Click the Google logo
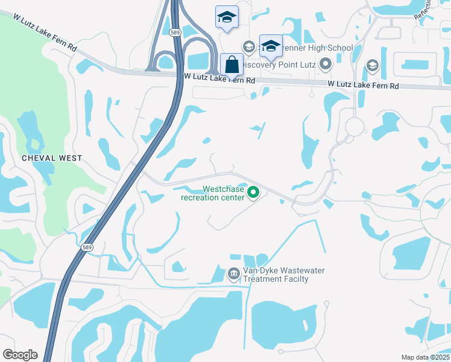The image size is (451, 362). click(x=20, y=355)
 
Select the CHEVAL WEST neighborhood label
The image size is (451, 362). click(x=52, y=158)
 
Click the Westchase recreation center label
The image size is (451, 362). click(x=213, y=193)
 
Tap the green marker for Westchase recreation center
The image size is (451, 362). click(x=254, y=193)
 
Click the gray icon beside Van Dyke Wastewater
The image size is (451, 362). click(x=234, y=275)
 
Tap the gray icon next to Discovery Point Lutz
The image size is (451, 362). click(x=326, y=63)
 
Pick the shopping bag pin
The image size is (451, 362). click(x=232, y=65)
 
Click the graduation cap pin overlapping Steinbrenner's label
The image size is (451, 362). click(x=271, y=46)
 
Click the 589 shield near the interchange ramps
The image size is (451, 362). click(x=175, y=33)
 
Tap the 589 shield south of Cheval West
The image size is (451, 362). click(x=87, y=247)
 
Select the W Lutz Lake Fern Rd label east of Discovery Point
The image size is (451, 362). click(x=363, y=86)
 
